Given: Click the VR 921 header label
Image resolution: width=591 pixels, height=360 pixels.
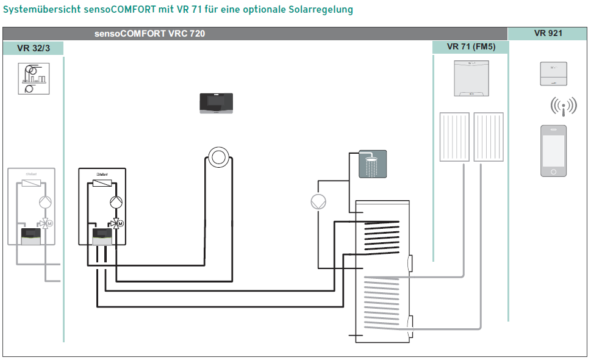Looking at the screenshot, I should pos(548,34).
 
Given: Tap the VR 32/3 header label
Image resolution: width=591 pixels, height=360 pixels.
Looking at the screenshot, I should pos(34,48).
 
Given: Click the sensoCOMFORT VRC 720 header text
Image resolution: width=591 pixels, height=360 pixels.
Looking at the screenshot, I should pos(149,34).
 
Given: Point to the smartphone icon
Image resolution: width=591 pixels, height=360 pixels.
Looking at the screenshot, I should pos(553,151).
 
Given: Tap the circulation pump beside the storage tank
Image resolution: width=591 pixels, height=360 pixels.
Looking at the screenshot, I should pos(318,202).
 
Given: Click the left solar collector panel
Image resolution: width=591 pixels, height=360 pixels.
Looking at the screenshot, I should pos(454,137).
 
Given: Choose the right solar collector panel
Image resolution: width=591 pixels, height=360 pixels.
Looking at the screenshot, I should pos(489,137).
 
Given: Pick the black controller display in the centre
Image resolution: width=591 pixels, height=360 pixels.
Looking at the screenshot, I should pos(218,103).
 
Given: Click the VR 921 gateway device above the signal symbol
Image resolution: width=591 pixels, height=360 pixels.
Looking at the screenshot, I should pos(553,74).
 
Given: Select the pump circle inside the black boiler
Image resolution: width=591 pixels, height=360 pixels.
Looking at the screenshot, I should pos(116,203).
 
